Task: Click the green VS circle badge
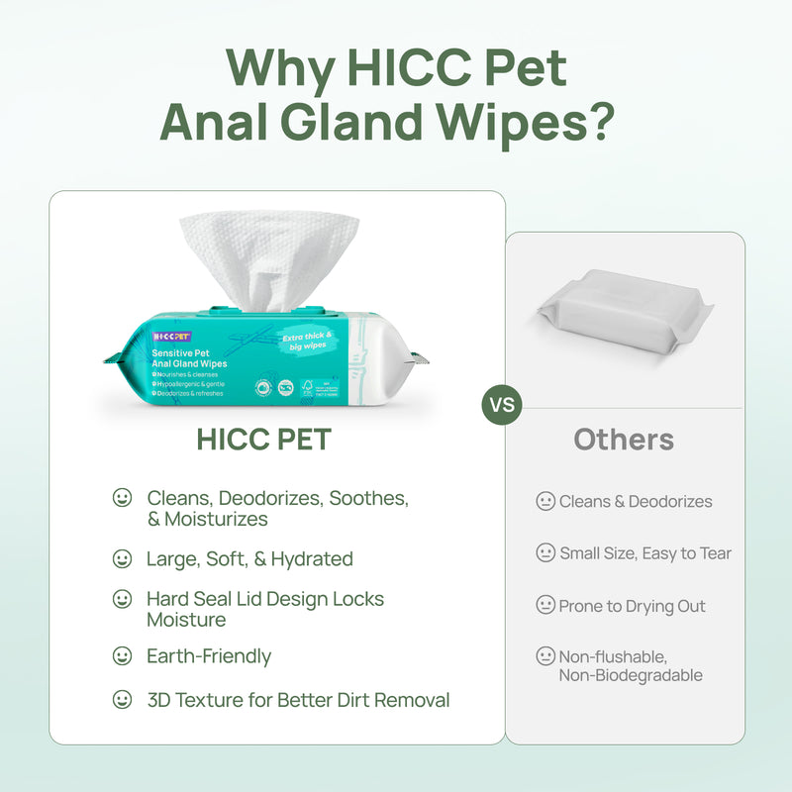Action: (501, 405)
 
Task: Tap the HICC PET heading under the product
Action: (263, 440)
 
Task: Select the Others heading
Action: (624, 440)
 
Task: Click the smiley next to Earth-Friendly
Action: (122, 656)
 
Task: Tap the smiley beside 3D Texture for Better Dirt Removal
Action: (122, 700)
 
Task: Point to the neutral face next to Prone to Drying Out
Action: (545, 605)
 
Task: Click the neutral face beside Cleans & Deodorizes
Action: (545, 502)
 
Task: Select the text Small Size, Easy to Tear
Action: (644, 553)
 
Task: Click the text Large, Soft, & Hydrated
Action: (249, 558)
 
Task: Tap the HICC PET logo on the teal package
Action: (171, 337)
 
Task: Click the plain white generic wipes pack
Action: (624, 311)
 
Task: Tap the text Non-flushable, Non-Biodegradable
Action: (631, 665)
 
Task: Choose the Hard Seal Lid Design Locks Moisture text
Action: (264, 609)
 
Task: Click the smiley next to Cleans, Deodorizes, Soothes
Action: (122, 498)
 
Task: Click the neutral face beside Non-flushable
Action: (545, 655)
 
